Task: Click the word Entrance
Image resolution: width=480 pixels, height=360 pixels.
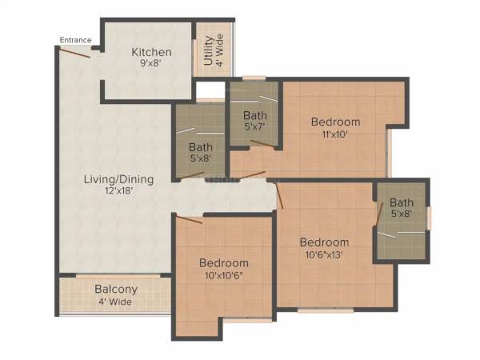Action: pos(75,40)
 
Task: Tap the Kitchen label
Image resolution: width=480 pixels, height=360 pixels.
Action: pos(152,53)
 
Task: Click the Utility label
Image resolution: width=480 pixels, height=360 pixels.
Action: pos(207,51)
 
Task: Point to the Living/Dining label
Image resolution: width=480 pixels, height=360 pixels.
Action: pos(118,179)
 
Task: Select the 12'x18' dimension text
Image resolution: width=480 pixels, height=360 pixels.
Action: pos(118,192)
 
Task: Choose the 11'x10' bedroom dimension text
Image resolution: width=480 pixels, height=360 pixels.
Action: pos(335,134)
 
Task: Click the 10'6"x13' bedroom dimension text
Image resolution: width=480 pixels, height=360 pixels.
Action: pos(324,255)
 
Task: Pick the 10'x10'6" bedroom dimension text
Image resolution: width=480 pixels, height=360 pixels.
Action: pos(223,275)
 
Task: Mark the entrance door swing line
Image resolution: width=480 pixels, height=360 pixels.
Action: pos(77,52)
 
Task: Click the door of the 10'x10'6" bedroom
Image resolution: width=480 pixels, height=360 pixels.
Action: pos(189,218)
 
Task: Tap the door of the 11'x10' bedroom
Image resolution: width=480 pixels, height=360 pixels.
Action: pos(253,174)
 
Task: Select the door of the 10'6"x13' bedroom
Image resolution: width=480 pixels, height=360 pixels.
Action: pos(279,195)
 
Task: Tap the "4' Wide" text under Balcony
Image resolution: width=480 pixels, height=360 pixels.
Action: pos(116,302)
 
